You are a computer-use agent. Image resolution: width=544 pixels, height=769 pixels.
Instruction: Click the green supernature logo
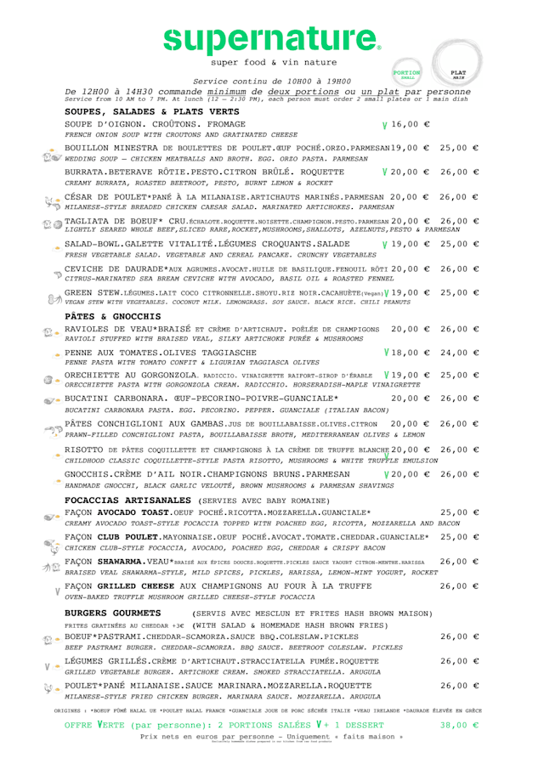tap(271, 37)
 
